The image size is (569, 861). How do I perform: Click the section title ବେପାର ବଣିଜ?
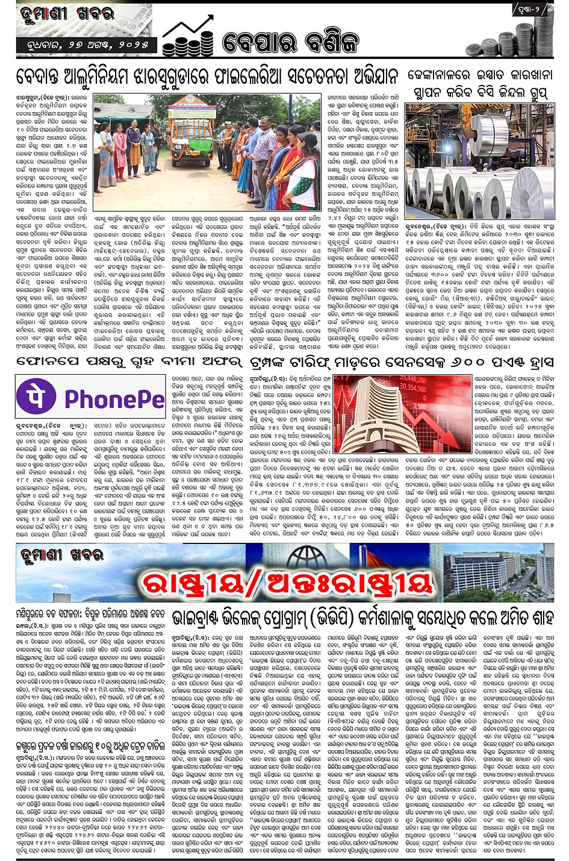pos(290,42)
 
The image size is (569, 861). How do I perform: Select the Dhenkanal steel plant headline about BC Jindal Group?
pos(480,84)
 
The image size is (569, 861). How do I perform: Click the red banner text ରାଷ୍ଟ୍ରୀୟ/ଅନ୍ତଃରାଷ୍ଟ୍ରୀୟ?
pos(287,582)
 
